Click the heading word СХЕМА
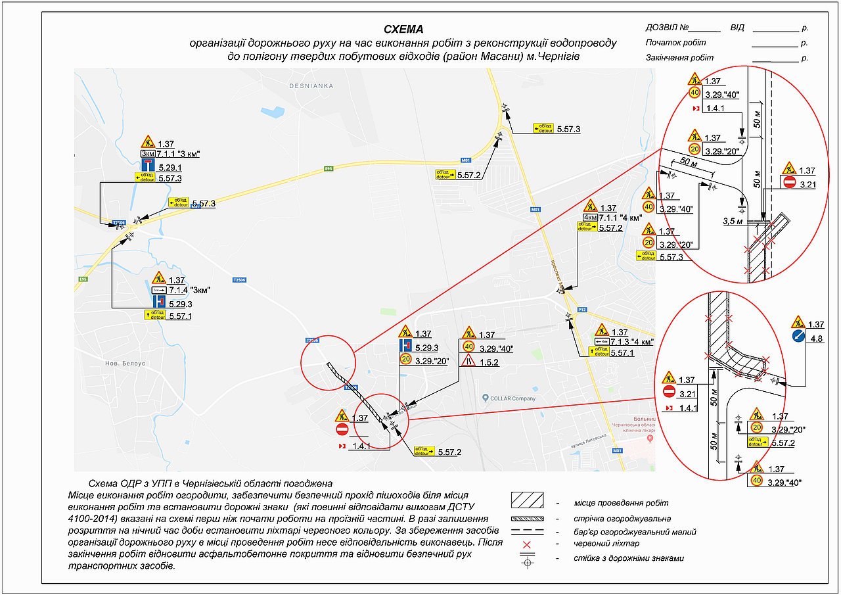click(404, 30)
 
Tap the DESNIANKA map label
click(311, 86)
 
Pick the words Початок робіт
click(671, 43)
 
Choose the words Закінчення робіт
click(679, 58)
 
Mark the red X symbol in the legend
click(526, 544)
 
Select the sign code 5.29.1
click(170, 168)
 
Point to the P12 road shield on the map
click(581, 309)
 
